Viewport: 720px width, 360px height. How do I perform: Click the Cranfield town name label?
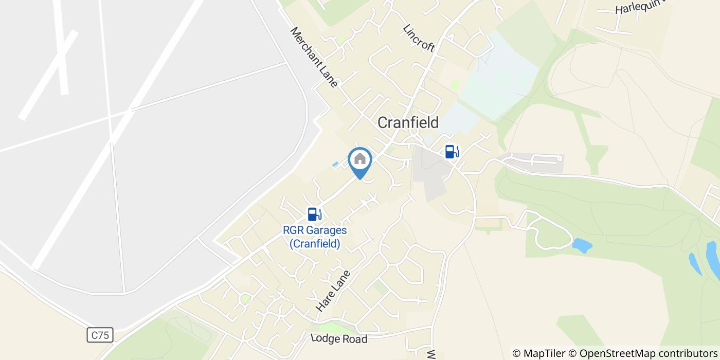[x=408, y=122]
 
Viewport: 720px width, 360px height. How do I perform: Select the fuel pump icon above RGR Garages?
[x=314, y=214]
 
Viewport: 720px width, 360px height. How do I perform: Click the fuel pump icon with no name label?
[x=452, y=151]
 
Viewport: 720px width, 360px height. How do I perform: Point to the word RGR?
[x=294, y=230]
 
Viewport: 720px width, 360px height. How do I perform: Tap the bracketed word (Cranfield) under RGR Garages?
[x=315, y=243]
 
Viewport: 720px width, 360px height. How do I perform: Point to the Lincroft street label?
[x=419, y=38]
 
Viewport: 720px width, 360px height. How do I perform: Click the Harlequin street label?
[x=638, y=7]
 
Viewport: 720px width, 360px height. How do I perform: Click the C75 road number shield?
[x=100, y=335]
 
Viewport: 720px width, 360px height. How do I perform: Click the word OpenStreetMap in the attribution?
[x=613, y=353]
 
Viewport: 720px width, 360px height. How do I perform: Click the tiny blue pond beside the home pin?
[x=335, y=164]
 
